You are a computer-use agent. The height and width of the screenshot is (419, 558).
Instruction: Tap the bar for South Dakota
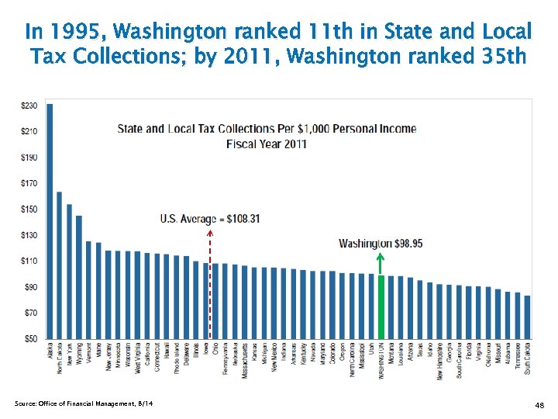coord(527,317)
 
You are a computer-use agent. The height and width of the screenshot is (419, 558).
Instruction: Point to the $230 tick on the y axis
coord(29,105)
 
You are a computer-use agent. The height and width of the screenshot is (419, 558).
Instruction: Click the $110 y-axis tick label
coord(29,261)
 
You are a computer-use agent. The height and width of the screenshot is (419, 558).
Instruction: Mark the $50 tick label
coord(29,339)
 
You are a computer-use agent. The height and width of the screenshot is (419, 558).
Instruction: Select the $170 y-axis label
coord(29,183)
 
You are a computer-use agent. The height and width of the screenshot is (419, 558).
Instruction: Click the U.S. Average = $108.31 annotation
coord(209,219)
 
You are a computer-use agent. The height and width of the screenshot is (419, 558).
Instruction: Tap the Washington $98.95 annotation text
coord(381,244)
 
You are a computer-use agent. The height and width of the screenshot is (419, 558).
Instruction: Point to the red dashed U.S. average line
coord(210,287)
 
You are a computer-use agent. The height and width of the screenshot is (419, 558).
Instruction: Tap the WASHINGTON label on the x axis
coord(381,361)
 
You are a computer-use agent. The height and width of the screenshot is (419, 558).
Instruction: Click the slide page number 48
coord(539,406)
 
